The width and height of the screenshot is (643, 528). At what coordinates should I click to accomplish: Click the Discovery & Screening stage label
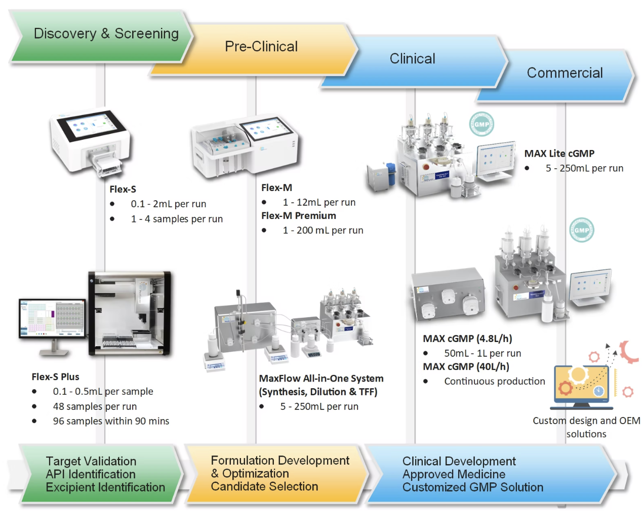coord(106,33)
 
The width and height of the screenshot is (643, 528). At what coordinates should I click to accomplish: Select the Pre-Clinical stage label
coord(261,47)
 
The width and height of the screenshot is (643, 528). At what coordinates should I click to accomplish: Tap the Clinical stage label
coord(412,59)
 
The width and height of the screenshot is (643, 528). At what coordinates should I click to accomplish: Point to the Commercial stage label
coord(565,73)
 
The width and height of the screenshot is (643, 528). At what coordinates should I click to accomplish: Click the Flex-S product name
coord(123,189)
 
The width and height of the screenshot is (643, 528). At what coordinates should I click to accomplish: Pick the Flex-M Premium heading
coord(298,215)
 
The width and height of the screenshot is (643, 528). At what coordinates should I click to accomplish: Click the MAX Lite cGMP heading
coord(559,154)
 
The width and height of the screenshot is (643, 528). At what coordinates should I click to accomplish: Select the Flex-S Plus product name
coord(55,376)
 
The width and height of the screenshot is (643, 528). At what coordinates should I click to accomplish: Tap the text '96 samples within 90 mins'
coord(111,421)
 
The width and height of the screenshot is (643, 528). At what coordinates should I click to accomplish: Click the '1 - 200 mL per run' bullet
coord(323,230)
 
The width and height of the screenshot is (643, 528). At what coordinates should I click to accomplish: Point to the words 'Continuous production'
coord(494,381)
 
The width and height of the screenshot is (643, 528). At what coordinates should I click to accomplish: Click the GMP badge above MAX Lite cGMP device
coord(481,124)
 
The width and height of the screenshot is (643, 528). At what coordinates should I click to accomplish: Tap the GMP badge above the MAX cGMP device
coord(581,230)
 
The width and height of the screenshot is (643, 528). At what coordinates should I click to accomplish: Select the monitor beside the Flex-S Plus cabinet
coord(52,319)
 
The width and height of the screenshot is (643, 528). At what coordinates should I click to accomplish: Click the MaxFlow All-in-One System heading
coord(321,379)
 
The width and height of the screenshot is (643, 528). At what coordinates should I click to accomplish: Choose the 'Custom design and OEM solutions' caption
coord(586,427)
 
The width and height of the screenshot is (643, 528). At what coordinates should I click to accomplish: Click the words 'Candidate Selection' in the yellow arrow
coord(264,486)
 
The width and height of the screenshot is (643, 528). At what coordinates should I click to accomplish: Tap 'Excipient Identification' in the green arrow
coord(105,487)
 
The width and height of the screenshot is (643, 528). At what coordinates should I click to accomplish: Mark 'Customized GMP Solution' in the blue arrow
coord(472,487)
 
